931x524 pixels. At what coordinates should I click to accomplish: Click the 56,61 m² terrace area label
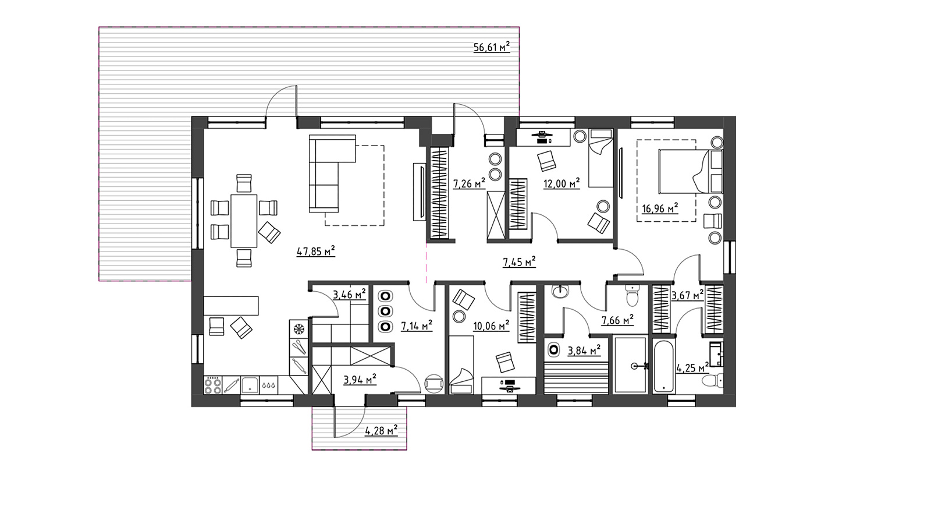point(491,47)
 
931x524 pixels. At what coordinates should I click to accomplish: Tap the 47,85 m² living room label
point(316,251)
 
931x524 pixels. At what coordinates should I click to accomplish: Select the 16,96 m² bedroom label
point(660,208)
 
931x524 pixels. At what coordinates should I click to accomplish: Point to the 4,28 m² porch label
point(381,430)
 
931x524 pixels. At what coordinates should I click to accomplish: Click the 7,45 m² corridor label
point(519,262)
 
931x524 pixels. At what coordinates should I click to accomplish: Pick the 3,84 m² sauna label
point(584,350)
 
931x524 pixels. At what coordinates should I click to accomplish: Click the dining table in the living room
point(244,221)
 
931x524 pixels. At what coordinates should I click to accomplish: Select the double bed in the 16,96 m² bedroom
point(691,171)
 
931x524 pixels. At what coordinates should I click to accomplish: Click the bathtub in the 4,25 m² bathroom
point(663,366)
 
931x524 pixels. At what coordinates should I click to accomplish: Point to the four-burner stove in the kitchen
point(213,385)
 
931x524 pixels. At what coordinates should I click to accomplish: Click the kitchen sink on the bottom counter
point(250,385)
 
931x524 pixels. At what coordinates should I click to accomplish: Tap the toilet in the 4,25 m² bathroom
point(712,380)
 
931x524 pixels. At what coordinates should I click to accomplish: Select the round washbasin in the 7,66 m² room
point(560,291)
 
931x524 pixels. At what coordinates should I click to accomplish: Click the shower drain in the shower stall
point(634,366)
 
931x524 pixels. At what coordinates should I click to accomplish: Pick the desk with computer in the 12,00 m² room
point(543,137)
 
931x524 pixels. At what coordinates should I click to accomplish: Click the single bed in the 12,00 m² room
point(600,158)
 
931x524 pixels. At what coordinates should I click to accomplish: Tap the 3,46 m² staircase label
point(349,295)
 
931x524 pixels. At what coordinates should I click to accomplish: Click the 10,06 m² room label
point(491,325)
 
